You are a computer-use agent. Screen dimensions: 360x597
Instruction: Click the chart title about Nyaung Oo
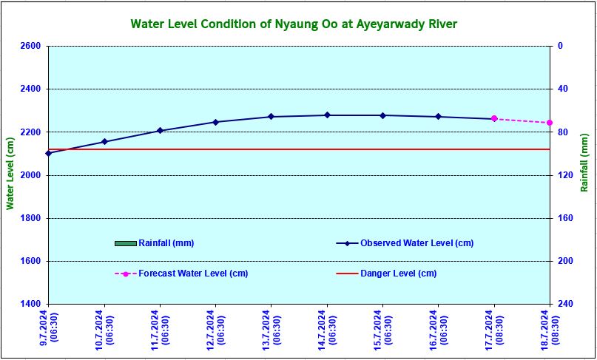294,24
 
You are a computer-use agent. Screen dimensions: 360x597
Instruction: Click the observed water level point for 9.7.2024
49,153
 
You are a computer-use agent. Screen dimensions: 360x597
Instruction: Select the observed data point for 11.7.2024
160,131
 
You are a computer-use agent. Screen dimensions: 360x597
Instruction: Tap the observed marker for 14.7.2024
327,115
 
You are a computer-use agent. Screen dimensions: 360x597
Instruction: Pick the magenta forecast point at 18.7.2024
550,123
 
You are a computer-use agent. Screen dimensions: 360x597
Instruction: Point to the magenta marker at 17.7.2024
494,118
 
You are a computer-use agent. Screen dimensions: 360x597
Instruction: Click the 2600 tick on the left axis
32,46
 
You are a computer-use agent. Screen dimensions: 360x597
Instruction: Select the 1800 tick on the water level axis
32,218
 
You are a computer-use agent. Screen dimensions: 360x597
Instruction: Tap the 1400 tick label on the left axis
32,304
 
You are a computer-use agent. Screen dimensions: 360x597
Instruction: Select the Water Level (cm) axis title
10,174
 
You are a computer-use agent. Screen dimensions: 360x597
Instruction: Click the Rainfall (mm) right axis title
584,174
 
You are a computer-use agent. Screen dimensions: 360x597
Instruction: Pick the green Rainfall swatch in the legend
126,243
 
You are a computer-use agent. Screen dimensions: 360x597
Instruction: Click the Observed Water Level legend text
416,243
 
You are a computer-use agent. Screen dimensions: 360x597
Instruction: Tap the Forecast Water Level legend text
193,274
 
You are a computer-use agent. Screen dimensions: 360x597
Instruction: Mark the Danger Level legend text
398,274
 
